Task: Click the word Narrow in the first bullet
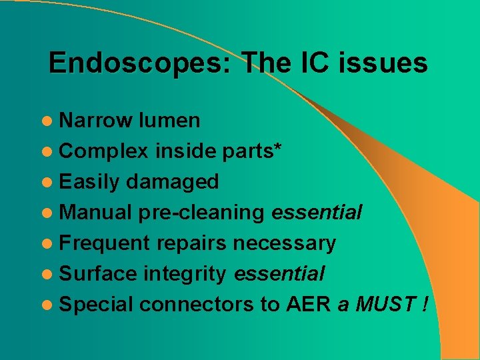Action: [x=97, y=121]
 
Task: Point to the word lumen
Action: [x=169, y=121]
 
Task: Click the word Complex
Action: [x=104, y=151]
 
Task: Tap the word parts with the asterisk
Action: [x=252, y=151]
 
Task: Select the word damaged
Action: [x=172, y=181]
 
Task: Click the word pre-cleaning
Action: [x=201, y=213]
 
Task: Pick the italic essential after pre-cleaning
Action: [x=317, y=213]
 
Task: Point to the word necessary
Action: [x=284, y=243]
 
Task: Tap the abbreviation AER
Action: [x=308, y=305]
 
